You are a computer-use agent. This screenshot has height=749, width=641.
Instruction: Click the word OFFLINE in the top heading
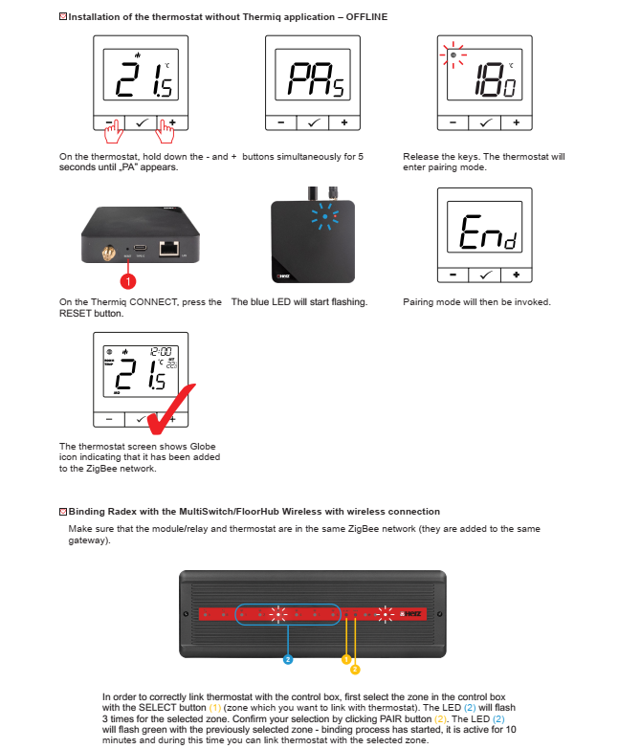[x=366, y=17]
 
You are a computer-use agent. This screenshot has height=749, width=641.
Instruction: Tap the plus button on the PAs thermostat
[x=344, y=122]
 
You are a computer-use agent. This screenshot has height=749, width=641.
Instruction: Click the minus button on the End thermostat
[x=453, y=275]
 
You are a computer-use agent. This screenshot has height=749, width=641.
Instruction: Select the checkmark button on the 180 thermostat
[x=485, y=122]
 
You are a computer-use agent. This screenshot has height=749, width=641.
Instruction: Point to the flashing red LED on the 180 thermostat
[x=453, y=55]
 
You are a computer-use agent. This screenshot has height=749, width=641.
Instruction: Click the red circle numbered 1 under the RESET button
[x=128, y=281]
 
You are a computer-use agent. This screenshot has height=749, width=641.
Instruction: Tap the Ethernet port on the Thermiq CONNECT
[x=169, y=248]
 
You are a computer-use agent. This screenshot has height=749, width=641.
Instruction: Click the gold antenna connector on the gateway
[x=109, y=253]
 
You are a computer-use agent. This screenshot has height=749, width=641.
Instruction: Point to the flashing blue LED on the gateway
[x=325, y=216]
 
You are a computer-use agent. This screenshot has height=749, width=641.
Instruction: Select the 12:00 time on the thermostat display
[x=161, y=352]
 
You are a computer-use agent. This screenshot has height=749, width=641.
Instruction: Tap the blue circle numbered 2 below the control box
[x=288, y=660]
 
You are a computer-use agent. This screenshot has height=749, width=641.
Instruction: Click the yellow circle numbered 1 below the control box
[x=346, y=660]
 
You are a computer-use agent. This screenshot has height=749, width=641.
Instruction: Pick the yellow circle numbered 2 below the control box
[x=355, y=670]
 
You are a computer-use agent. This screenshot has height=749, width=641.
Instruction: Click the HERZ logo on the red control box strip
[x=411, y=613]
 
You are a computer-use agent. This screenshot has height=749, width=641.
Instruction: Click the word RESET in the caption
[x=74, y=314]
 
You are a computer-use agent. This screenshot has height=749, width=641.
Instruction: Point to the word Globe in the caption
[x=203, y=446]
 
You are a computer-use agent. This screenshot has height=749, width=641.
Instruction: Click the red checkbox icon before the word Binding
[x=63, y=512]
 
